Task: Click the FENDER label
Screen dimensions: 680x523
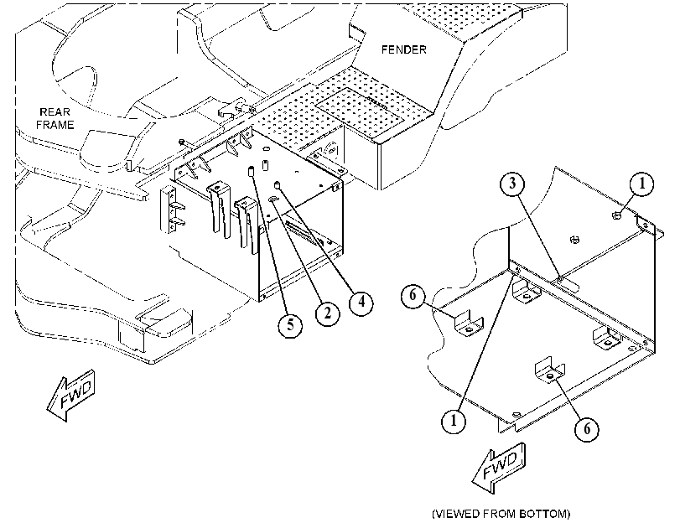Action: [404, 49]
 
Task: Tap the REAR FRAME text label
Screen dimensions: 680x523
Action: [55, 118]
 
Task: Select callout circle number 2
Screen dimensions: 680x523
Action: [328, 313]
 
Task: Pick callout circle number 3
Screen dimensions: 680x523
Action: [512, 184]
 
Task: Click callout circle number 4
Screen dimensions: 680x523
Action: [361, 302]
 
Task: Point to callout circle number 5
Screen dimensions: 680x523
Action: [290, 324]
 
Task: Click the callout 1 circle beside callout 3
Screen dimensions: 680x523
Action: [641, 184]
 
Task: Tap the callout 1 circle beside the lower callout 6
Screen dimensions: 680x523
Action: [454, 420]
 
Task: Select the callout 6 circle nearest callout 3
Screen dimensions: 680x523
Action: [413, 295]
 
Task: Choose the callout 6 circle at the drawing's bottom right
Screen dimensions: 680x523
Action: [587, 428]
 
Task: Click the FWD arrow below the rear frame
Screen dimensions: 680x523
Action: [71, 394]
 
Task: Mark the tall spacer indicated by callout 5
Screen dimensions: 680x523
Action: [250, 171]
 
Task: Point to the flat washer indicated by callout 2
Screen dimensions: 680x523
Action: [273, 199]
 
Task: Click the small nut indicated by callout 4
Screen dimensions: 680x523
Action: [278, 186]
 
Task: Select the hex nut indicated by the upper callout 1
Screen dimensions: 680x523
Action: [615, 215]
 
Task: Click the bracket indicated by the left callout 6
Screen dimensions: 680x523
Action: [469, 324]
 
